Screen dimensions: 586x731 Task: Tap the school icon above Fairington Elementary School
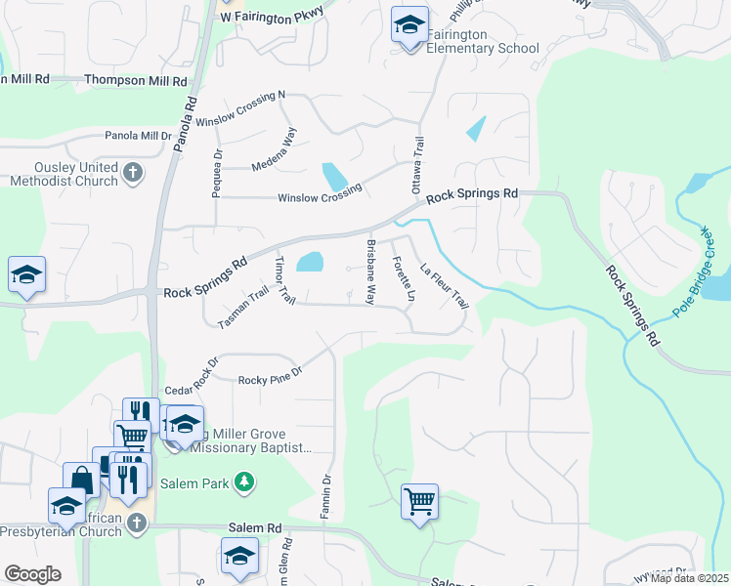click(410, 25)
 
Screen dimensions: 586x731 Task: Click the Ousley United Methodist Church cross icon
click(135, 174)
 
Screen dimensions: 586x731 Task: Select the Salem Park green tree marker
click(245, 481)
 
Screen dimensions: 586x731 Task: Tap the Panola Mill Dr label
click(139, 136)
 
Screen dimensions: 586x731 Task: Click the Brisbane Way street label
click(370, 272)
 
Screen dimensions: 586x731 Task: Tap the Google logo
click(32, 574)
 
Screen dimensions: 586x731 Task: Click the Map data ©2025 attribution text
click(690, 578)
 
